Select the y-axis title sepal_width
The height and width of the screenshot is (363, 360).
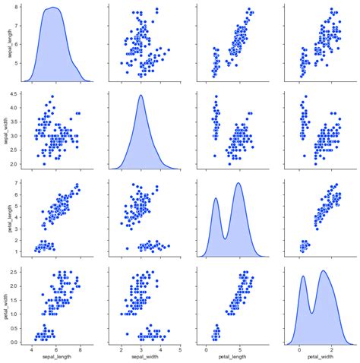6,129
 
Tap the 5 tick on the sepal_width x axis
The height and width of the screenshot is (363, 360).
180,350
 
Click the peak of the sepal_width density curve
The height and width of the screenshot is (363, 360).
141,95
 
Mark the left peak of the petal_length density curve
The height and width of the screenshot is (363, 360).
216,198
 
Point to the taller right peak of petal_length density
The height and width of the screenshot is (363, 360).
239,183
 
